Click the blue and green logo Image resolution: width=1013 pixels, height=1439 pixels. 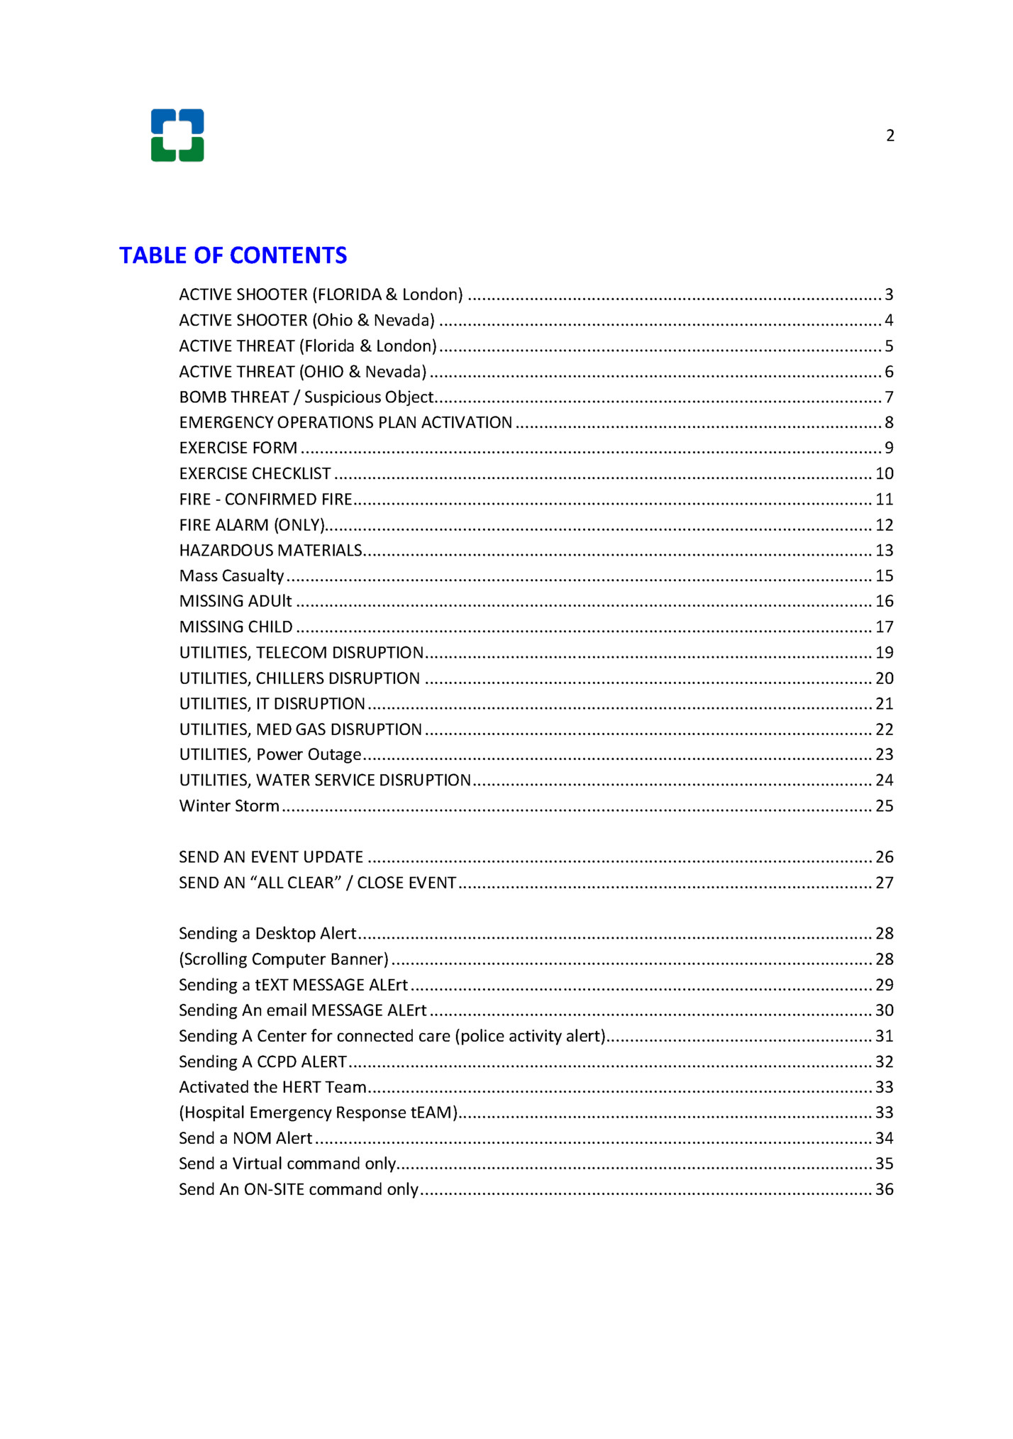(x=177, y=135)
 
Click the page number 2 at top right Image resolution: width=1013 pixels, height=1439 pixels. (x=890, y=136)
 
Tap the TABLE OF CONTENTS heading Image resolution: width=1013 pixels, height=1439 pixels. (x=233, y=255)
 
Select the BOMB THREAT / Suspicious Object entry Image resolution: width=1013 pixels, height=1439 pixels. (x=306, y=397)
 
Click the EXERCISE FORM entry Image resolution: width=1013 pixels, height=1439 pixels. (x=238, y=448)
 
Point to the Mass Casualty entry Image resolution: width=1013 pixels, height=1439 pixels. (x=231, y=576)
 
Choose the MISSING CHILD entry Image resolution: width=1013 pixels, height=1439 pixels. (x=236, y=627)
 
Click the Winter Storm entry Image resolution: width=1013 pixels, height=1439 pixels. (x=229, y=806)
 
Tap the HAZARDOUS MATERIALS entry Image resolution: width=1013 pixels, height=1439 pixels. (x=270, y=551)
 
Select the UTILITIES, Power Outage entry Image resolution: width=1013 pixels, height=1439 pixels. (x=270, y=755)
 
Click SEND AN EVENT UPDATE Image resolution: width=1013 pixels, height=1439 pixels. (x=271, y=857)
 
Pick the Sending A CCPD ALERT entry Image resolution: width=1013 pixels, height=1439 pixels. (x=262, y=1062)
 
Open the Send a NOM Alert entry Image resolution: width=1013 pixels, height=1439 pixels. (x=245, y=1139)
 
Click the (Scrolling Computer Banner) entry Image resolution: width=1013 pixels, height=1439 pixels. (x=284, y=959)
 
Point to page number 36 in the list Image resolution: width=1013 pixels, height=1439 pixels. (x=884, y=1190)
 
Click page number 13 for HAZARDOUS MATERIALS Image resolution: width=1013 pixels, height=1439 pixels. (x=884, y=551)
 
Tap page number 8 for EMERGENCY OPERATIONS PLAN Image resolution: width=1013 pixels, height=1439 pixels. (x=889, y=423)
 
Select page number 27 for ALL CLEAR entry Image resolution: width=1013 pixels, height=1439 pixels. (x=884, y=883)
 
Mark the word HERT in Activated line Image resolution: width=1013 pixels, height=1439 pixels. (x=301, y=1088)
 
